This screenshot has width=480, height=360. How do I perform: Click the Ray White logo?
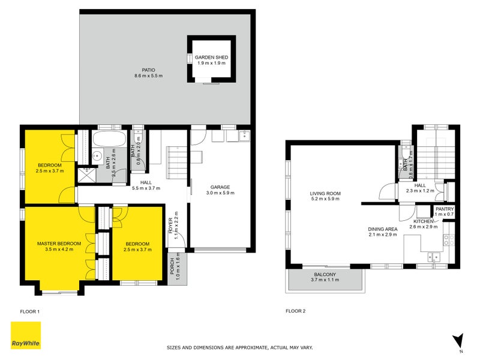pyautogui.click(x=26, y=335)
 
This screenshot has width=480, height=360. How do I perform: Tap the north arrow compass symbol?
pyautogui.click(x=458, y=340)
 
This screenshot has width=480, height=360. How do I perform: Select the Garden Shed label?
pyautogui.click(x=207, y=58)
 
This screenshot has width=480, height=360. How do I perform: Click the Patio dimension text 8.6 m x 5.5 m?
pyautogui.click(x=148, y=76)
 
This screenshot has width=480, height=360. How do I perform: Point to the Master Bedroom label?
pyautogui.click(x=55, y=243)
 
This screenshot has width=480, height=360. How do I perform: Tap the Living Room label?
pyautogui.click(x=325, y=194)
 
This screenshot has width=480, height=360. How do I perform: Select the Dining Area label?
pyautogui.click(x=382, y=229)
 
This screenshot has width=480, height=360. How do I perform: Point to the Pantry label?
pyautogui.click(x=444, y=208)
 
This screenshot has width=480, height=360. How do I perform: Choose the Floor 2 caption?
pyautogui.click(x=295, y=311)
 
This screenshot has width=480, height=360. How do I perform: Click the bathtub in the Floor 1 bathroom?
pyautogui.click(x=109, y=140)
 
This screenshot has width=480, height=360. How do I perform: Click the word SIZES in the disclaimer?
pyautogui.click(x=175, y=347)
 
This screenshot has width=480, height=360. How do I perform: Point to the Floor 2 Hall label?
pyautogui.click(x=420, y=185)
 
